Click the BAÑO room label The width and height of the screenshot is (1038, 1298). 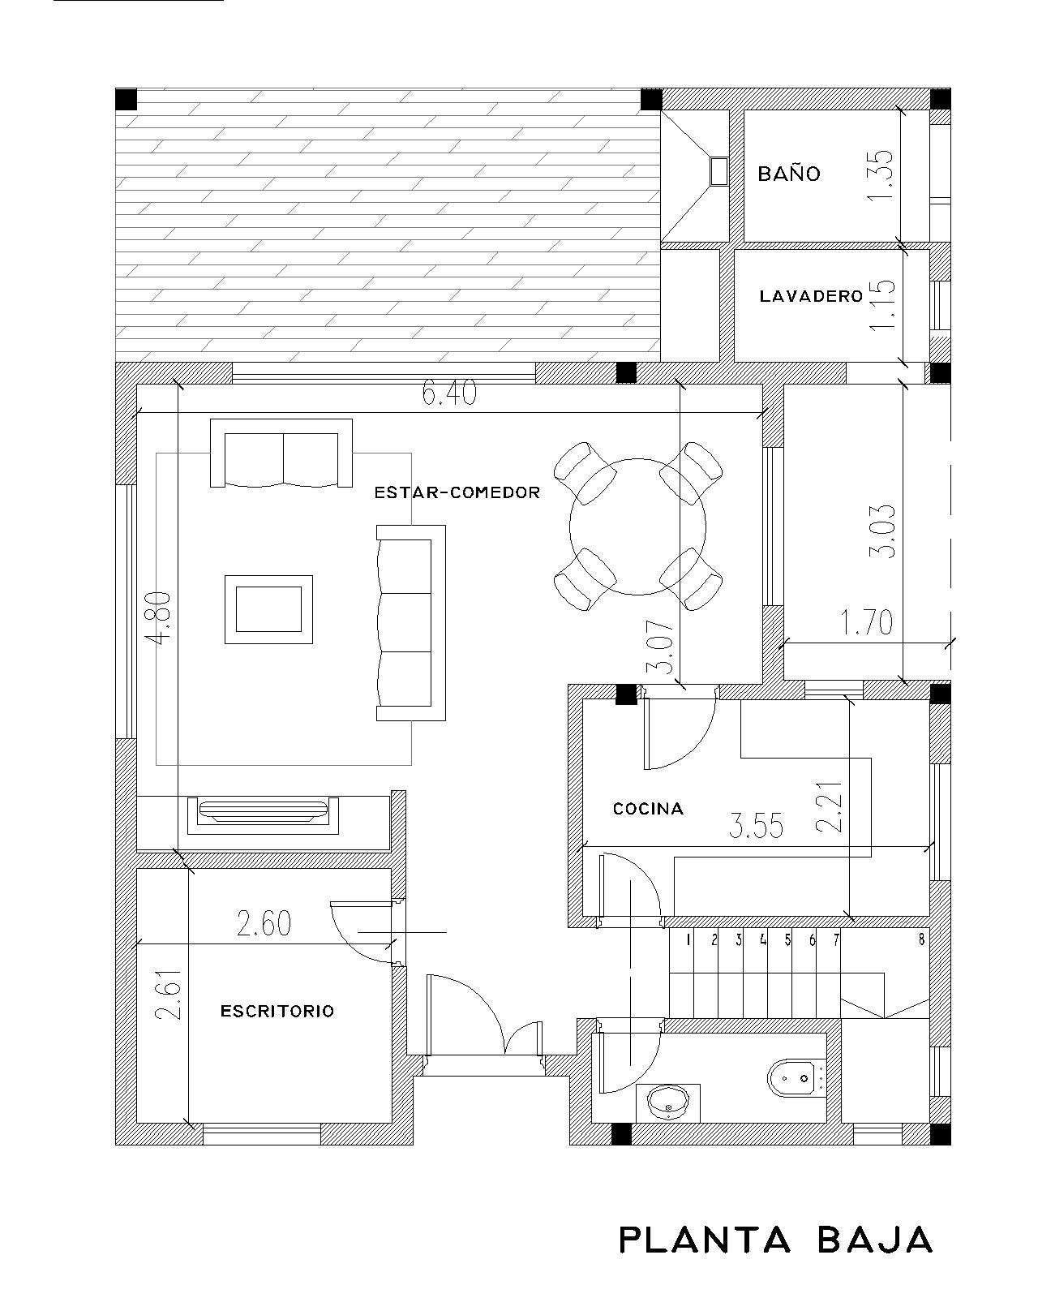pyautogui.click(x=788, y=174)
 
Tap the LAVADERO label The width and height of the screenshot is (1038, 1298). pyautogui.click(x=811, y=296)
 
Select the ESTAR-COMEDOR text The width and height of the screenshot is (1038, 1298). pyautogui.click(x=457, y=492)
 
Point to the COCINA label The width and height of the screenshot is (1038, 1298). pyautogui.click(x=648, y=808)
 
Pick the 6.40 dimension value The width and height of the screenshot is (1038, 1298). pyautogui.click(x=449, y=393)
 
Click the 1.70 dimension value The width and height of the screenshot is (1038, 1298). pyautogui.click(x=867, y=623)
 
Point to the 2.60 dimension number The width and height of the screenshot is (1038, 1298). pyautogui.click(x=264, y=923)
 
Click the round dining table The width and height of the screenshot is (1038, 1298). pyautogui.click(x=637, y=527)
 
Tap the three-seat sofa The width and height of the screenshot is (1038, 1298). pyautogui.click(x=410, y=622)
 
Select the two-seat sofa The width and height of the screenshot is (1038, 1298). pyautogui.click(x=281, y=453)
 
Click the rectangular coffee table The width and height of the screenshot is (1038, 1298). pyautogui.click(x=268, y=609)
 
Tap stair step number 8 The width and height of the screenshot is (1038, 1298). pyautogui.click(x=921, y=939)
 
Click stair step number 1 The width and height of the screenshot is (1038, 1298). pyautogui.click(x=688, y=939)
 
